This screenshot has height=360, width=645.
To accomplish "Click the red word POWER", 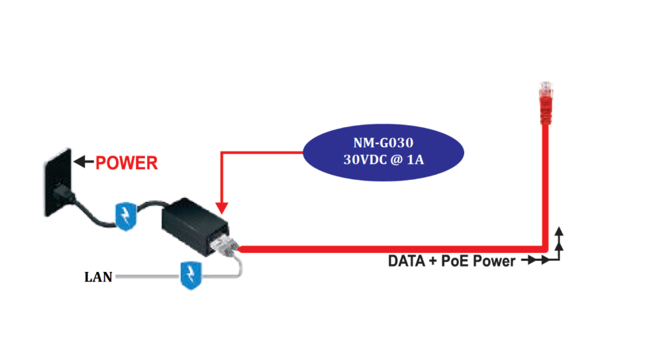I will (x=126, y=162).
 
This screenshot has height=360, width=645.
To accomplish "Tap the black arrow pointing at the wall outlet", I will (x=82, y=161).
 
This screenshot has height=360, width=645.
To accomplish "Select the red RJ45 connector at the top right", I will (x=546, y=99).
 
